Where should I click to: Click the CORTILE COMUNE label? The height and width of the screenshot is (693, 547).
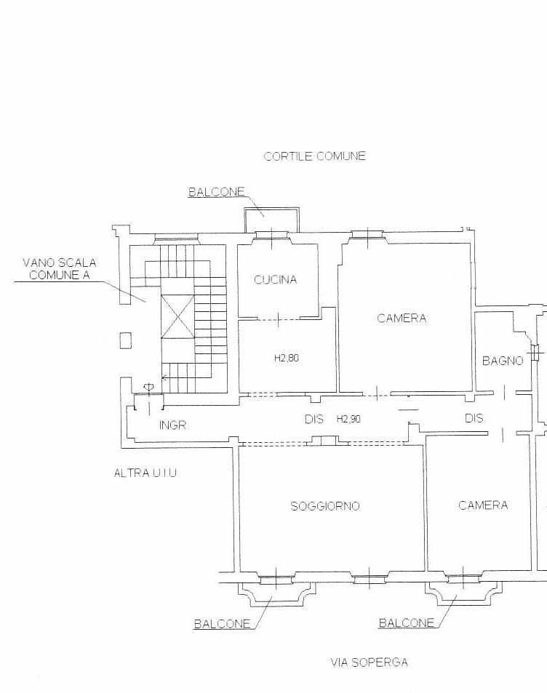314,156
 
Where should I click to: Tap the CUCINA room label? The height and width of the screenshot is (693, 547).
275,279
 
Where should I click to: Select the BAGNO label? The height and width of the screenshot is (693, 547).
503,361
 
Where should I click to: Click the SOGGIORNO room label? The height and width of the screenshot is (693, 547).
325,506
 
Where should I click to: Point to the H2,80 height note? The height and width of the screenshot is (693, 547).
287,358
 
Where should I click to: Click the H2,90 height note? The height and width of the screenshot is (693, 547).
348,419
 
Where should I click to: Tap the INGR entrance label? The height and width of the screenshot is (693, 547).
172,425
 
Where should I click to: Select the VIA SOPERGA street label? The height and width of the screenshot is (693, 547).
370,662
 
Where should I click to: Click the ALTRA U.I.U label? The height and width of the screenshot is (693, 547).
145,473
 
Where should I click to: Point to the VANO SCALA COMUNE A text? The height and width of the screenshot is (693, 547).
59,269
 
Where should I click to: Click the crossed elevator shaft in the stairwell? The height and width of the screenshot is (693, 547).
177,316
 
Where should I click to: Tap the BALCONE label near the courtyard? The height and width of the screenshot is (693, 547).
216,192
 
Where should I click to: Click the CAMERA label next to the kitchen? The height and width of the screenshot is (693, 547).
402,319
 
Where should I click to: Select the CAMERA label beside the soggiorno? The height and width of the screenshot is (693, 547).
483,505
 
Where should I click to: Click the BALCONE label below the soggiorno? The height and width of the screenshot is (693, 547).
222,624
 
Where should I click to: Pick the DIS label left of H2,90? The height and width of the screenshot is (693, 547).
314,419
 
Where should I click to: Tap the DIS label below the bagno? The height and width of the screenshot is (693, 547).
474,417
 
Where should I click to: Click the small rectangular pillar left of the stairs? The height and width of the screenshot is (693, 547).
126,340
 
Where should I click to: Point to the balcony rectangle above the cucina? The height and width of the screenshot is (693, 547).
271,220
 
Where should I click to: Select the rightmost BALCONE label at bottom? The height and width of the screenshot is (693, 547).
407,622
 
